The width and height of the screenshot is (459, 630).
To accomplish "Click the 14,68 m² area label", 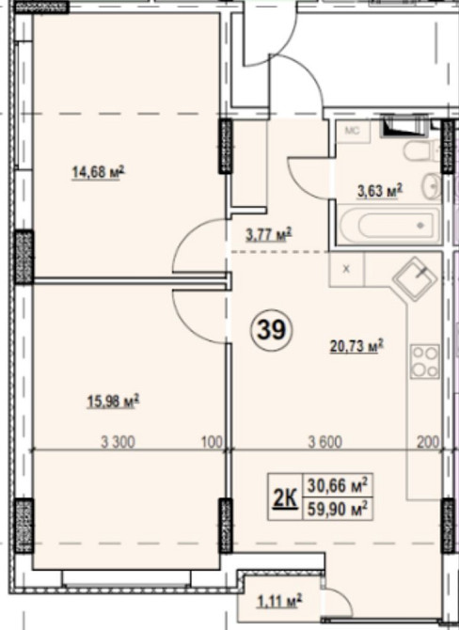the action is click(x=98, y=173).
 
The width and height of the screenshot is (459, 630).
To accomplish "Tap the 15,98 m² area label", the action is click(x=113, y=401).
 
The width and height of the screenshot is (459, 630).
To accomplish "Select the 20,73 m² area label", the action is click(x=356, y=345).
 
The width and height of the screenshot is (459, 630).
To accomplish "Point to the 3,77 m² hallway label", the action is click(x=268, y=234).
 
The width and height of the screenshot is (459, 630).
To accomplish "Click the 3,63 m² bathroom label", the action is click(x=380, y=191).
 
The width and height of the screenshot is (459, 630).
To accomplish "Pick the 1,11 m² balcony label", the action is click(x=279, y=602).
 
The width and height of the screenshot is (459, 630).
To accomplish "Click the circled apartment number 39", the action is click(x=271, y=330).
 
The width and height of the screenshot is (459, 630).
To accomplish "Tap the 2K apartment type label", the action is click(x=285, y=498).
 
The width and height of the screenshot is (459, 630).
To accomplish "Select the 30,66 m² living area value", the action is click(x=338, y=486).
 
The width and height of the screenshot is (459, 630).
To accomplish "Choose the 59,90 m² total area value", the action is click(x=338, y=510).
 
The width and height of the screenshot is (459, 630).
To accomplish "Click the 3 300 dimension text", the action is click(x=118, y=442).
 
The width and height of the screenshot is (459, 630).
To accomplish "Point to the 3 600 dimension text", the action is click(x=325, y=442).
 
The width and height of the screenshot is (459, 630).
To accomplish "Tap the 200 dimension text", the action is click(x=428, y=442).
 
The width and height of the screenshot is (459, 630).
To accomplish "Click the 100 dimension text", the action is click(x=212, y=442).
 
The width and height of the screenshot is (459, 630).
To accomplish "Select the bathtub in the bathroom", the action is click(x=388, y=225).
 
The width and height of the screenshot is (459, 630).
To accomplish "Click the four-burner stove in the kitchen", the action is click(x=425, y=361).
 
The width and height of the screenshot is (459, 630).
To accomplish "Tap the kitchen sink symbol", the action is click(x=415, y=279).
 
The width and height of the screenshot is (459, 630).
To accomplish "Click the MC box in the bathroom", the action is click(x=354, y=132).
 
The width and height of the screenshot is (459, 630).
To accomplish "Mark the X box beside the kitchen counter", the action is click(x=346, y=269).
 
